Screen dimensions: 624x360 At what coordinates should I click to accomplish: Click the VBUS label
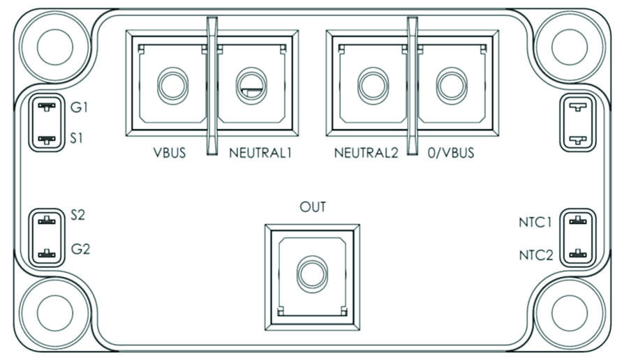170,153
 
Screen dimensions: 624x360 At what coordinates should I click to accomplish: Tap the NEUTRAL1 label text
260,153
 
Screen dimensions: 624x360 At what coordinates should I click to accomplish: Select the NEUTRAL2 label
366,153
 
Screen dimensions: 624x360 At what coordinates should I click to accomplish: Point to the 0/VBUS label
451,153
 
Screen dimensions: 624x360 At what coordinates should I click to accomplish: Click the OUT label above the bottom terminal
313,207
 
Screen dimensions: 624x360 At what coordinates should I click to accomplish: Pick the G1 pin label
79,107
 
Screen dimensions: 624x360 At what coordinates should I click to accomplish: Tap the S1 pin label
76,138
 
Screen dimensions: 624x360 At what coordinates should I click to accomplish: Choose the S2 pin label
78,215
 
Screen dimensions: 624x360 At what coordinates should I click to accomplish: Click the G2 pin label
80,249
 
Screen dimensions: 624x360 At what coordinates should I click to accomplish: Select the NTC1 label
535,223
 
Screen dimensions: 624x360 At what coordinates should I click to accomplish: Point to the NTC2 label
536,255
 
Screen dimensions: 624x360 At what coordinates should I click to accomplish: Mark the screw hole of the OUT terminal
313,274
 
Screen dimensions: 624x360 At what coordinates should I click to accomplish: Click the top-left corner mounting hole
55,47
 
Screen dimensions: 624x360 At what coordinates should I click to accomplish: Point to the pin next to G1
47,107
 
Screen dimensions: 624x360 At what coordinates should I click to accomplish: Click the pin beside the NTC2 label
578,253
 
